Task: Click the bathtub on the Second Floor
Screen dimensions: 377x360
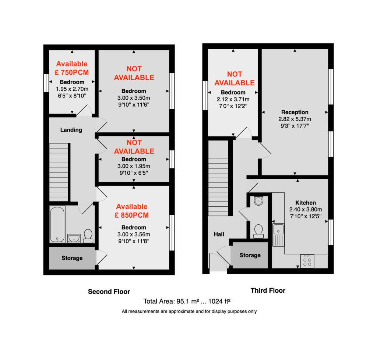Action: [x=57, y=224]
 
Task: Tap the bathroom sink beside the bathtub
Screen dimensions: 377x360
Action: [x=74, y=239]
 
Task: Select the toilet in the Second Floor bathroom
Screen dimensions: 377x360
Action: [x=88, y=236]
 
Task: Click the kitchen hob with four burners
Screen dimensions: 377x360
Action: [x=307, y=261]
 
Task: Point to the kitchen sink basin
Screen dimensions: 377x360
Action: [x=278, y=229]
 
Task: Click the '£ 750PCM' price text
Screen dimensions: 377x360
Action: [x=72, y=72]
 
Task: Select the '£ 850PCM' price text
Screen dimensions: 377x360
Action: [x=132, y=215]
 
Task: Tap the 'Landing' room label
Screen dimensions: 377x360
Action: [x=71, y=130]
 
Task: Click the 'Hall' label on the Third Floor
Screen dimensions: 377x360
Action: [x=219, y=234]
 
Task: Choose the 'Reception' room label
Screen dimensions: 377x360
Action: [x=295, y=112]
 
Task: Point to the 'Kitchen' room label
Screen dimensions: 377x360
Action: [x=306, y=203]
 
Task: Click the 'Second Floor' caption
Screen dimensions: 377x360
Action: [x=109, y=292]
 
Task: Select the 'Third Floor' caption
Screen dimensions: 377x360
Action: [x=268, y=291]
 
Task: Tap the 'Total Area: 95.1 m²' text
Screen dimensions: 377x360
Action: [x=171, y=302]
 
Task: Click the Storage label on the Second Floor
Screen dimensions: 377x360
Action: [x=72, y=258]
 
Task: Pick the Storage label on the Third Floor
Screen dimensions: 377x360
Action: [x=250, y=255]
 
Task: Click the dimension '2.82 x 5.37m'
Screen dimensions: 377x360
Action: [x=295, y=119]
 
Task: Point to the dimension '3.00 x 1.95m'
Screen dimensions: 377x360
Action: [x=134, y=166]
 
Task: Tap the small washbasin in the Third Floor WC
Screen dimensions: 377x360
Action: [x=258, y=201]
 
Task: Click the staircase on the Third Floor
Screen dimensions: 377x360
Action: [x=218, y=178]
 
